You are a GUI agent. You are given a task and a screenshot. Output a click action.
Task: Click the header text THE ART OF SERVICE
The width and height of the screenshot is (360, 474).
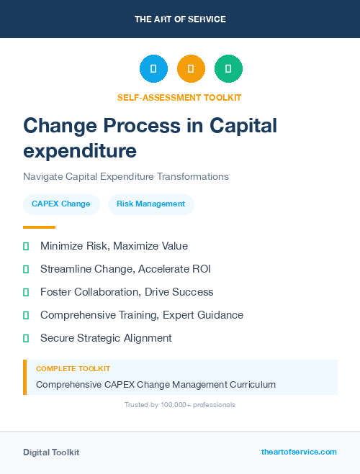coord(180,19)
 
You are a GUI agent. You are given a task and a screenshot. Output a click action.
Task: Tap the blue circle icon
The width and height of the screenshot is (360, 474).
coord(153,69)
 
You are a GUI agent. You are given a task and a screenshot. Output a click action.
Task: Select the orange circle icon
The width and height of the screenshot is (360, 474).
coord(191,69)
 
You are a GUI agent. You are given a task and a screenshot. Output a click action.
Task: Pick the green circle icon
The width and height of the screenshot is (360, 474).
coord(228,69)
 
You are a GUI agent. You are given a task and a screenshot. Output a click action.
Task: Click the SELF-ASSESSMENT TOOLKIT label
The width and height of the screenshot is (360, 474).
coord(179,97)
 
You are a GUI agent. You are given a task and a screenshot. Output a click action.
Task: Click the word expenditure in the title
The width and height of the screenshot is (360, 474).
coord(80,151)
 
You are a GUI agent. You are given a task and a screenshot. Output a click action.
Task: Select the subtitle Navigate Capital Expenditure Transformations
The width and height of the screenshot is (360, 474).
coord(126,176)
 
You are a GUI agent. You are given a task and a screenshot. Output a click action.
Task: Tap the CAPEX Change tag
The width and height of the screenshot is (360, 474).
coord(61,204)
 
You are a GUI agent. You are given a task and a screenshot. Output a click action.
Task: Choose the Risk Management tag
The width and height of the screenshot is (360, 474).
coord(151,204)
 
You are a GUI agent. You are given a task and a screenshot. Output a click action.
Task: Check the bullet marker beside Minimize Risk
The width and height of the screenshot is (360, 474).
coord(26,246)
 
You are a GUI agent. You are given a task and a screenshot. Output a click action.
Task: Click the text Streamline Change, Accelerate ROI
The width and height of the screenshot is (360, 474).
coord(125,269)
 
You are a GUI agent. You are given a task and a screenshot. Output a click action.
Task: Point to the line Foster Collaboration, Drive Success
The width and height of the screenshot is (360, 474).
coord(127,292)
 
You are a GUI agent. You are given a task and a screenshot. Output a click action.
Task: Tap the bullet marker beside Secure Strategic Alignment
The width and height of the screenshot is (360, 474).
coord(26,338)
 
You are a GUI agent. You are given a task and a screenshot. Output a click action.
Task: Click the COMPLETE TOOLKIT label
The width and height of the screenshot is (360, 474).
coord(73,368)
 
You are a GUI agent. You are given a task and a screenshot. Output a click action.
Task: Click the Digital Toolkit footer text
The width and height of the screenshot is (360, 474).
coord(51,452)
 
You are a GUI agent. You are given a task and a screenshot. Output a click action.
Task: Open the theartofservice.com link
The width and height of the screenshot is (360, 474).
coord(299,452)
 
